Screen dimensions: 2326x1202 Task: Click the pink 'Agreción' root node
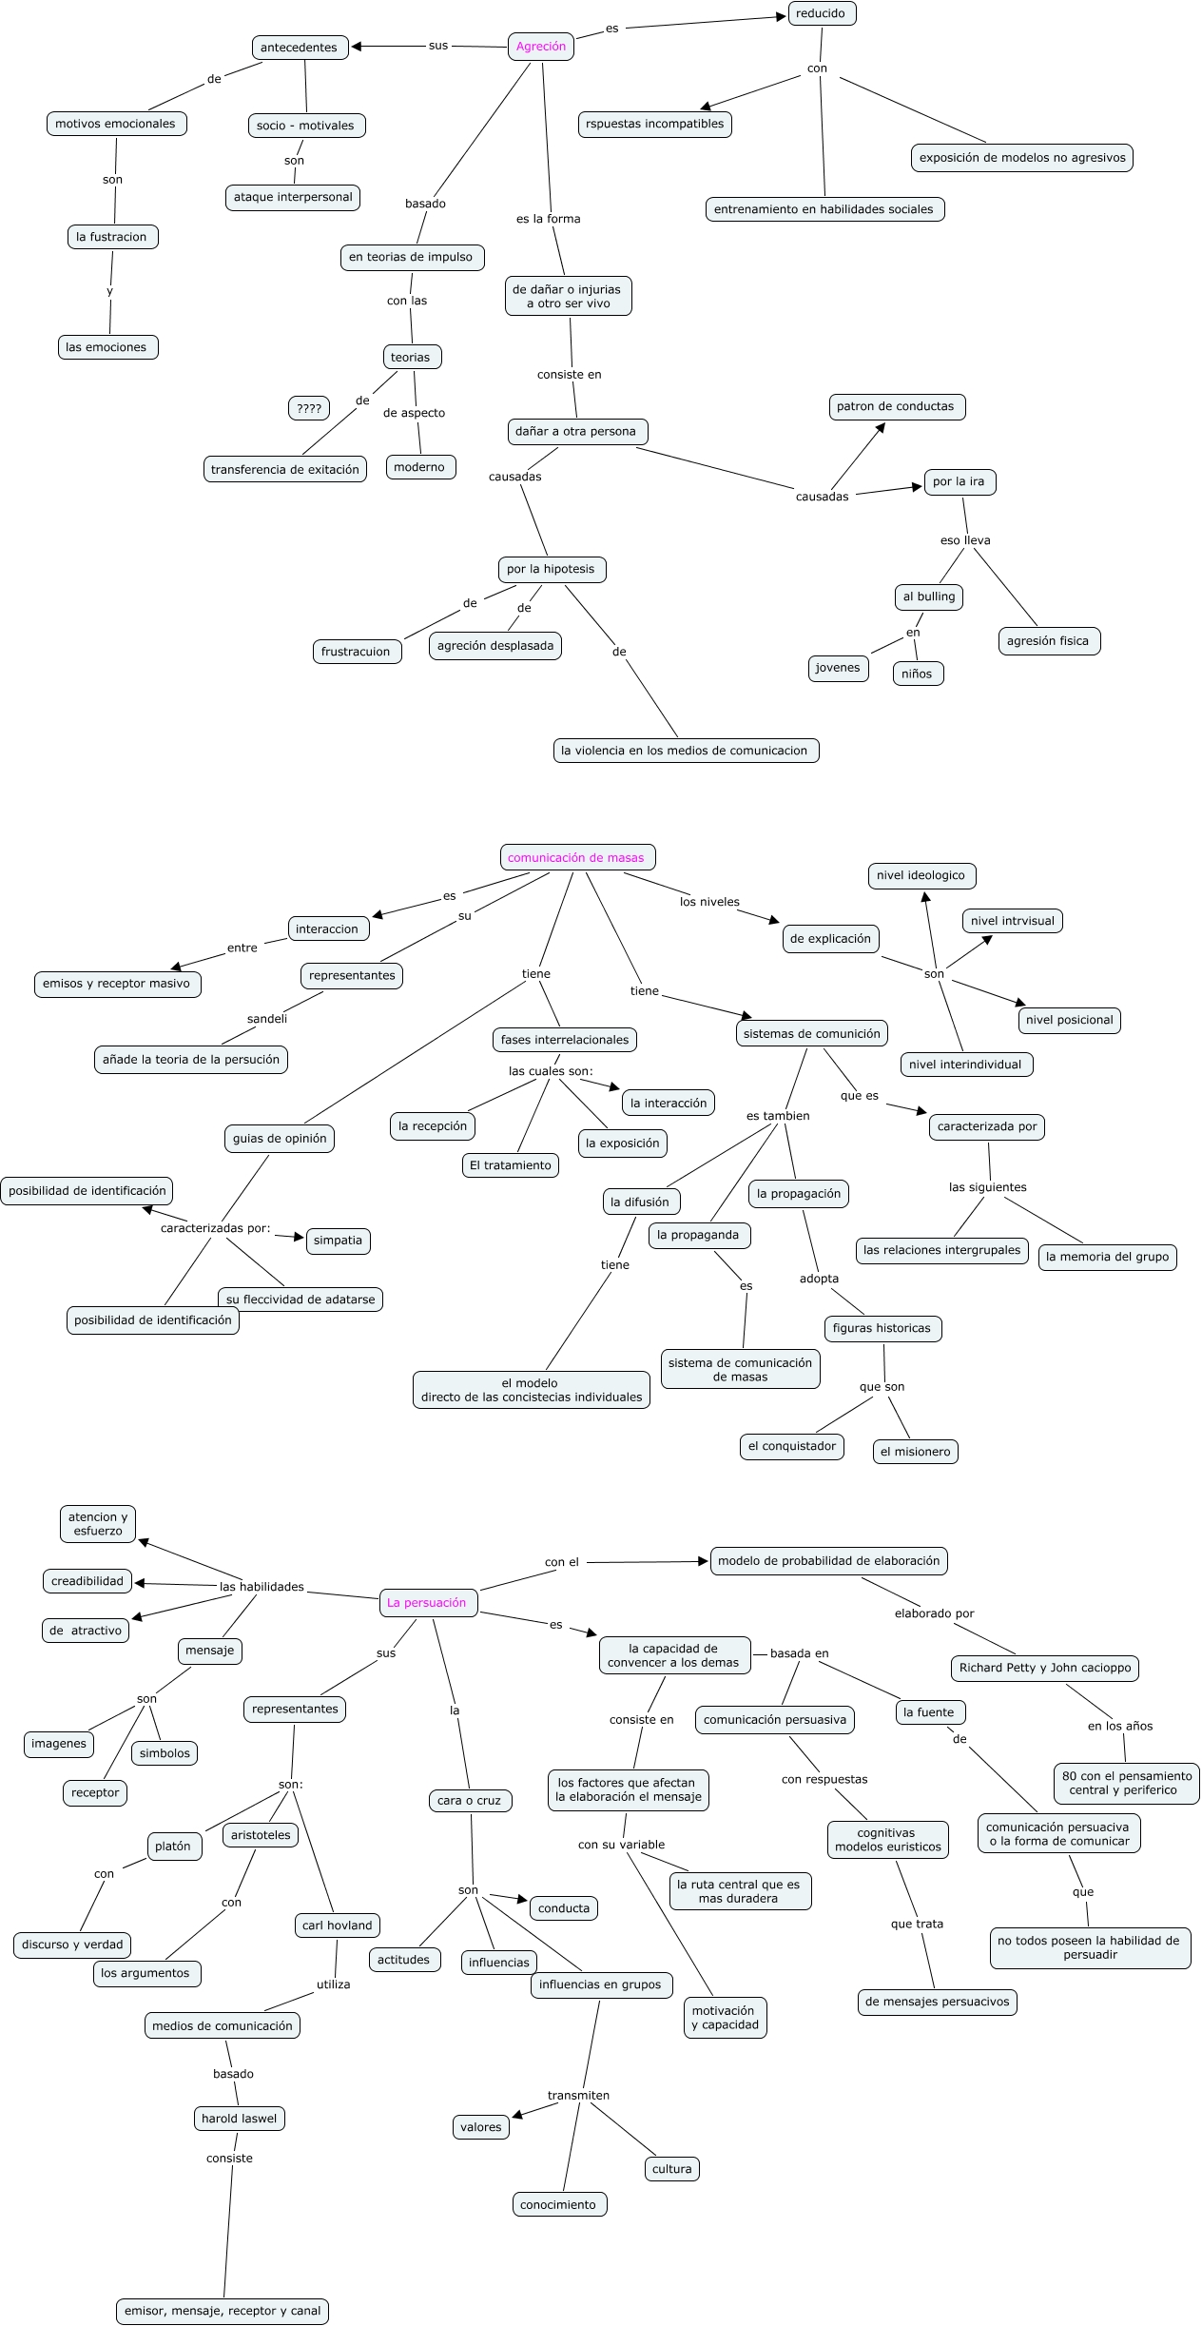click(540, 47)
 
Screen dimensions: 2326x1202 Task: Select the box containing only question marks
click(309, 409)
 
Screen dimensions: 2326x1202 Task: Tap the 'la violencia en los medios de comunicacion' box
click(685, 751)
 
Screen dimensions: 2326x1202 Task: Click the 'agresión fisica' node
click(1048, 641)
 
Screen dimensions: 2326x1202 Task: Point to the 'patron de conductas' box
click(895, 406)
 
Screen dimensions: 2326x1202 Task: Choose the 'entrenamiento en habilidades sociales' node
click(824, 209)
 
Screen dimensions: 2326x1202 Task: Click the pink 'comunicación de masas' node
click(576, 857)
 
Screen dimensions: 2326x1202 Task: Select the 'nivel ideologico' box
click(921, 875)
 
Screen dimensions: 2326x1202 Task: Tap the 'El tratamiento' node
click(510, 1165)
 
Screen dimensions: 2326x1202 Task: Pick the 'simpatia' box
click(338, 1241)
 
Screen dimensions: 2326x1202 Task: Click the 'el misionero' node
click(915, 1452)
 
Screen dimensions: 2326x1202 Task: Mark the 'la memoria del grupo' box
click(1107, 1257)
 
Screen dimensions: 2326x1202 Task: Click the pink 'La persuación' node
click(427, 1602)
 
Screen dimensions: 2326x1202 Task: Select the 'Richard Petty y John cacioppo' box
click(1044, 1668)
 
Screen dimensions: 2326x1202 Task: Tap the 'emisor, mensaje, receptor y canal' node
click(223, 2311)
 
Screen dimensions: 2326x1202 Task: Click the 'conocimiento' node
click(558, 2204)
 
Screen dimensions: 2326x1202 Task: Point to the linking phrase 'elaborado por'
click(934, 1613)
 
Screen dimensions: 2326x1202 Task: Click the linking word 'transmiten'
click(578, 2095)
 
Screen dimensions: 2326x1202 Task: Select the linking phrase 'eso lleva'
click(965, 540)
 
